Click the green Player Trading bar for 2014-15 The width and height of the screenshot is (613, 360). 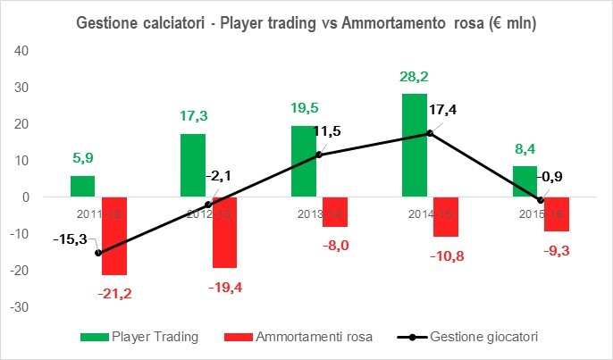pos(414,145)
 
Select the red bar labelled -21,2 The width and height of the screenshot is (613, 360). pos(114,236)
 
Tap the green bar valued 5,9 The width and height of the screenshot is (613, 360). pos(82,186)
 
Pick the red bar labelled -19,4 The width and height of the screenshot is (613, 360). pos(224,232)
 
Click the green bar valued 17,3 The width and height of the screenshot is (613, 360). pos(193,165)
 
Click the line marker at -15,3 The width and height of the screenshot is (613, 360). pos(98,253)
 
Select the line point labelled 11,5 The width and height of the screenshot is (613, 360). pos(319,155)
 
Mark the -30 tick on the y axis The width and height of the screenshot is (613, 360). pos(20,306)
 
